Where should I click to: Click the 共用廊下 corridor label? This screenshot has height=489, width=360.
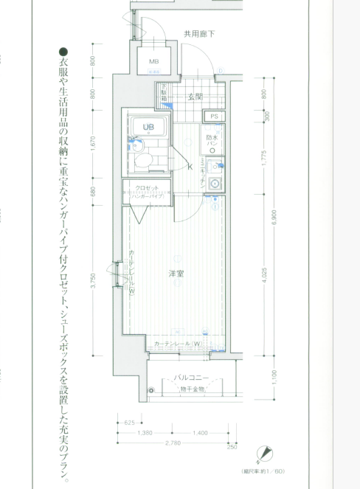point(198,34)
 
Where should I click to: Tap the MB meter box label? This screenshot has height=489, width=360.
point(154,61)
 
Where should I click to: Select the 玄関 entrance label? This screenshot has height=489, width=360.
point(195,97)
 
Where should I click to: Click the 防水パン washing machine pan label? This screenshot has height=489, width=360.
point(212,140)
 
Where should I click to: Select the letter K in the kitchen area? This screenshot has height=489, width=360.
point(190,167)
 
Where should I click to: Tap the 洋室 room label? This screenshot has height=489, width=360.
point(176,274)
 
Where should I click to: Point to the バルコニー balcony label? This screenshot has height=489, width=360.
point(192,378)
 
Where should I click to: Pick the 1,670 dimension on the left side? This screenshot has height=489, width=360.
point(93,145)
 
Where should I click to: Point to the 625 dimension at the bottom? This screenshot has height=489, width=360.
point(130,423)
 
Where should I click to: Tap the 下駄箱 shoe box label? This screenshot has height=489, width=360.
point(165,94)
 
